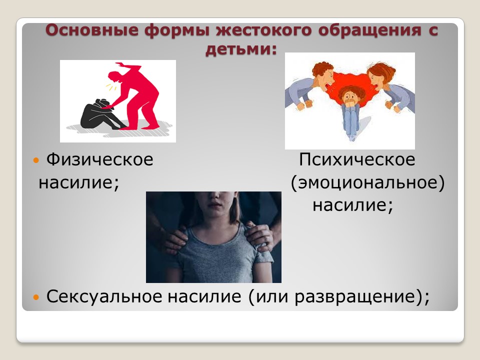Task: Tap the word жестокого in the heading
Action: click(264, 30)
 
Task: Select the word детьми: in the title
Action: click(241, 49)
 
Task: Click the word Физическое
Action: click(100, 160)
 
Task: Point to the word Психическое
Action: click(357, 160)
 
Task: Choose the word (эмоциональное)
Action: click(367, 183)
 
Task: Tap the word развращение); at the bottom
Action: click(362, 297)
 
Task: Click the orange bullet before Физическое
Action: click(36, 160)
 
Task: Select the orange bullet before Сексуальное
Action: click(36, 296)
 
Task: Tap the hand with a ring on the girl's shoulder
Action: click(260, 236)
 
